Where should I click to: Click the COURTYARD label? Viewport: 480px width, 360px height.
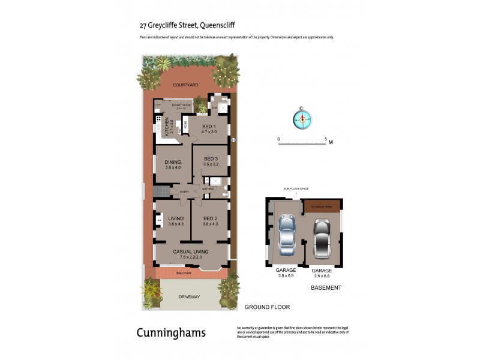coord(185,85)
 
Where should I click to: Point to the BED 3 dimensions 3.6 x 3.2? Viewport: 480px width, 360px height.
coord(210,164)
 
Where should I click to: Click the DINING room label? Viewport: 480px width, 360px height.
coord(173,161)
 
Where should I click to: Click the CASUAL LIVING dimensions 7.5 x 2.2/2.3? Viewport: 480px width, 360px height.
coord(190,257)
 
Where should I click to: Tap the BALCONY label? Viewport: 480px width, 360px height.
coord(184,273)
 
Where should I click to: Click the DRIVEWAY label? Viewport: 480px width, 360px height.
coord(190,297)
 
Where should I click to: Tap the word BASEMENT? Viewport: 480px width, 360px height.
coord(326,288)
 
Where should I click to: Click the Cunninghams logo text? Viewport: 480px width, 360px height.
coord(171,332)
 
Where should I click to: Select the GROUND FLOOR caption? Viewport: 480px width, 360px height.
coord(267,307)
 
